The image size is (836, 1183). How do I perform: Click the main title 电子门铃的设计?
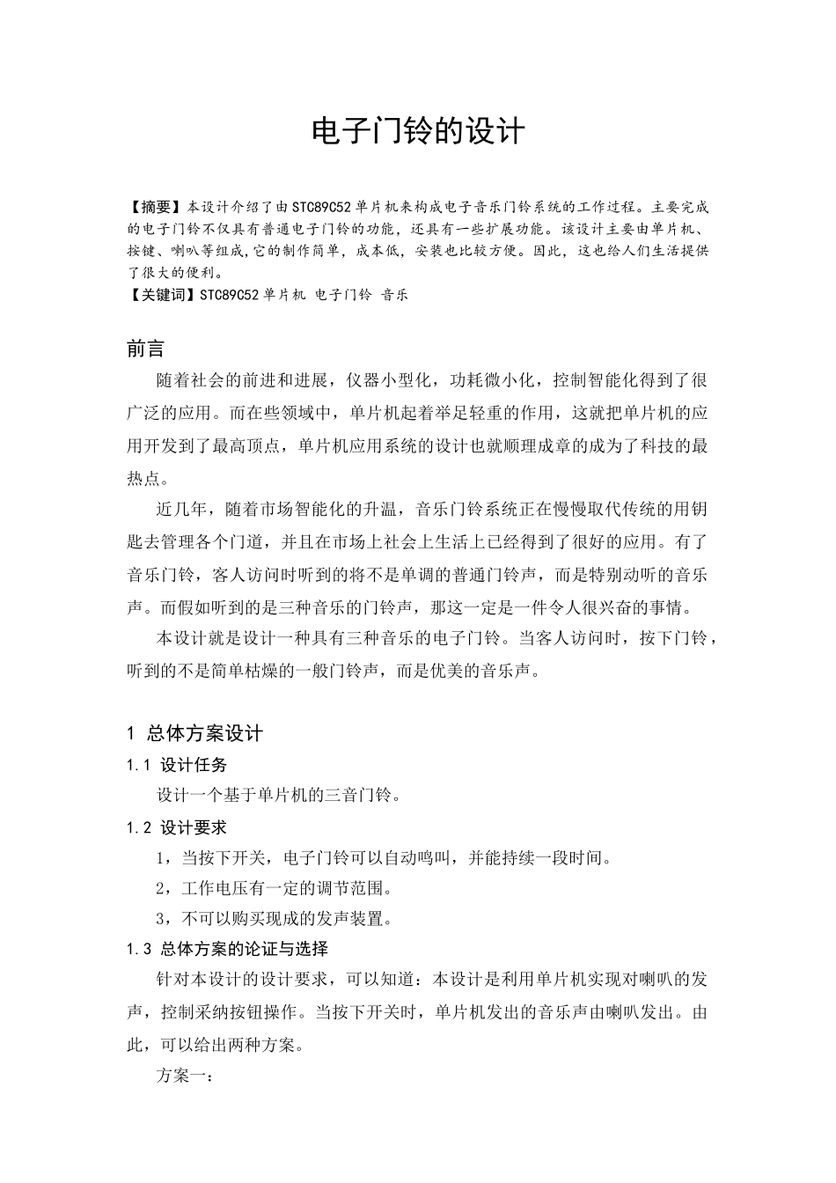[418, 132]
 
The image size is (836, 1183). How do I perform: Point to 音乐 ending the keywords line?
[393, 295]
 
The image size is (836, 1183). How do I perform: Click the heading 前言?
[145, 349]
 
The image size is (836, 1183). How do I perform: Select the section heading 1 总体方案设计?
[194, 733]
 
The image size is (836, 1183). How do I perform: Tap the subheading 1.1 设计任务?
[177, 765]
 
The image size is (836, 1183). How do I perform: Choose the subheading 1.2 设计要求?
[177, 827]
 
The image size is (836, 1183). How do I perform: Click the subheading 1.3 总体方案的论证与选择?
[227, 949]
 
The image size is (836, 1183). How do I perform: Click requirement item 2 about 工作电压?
[274, 887]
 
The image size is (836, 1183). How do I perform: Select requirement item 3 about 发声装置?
[274, 919]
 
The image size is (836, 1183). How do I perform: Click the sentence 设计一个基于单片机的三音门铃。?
[280, 796]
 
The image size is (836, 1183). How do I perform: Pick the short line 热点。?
[151, 477]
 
